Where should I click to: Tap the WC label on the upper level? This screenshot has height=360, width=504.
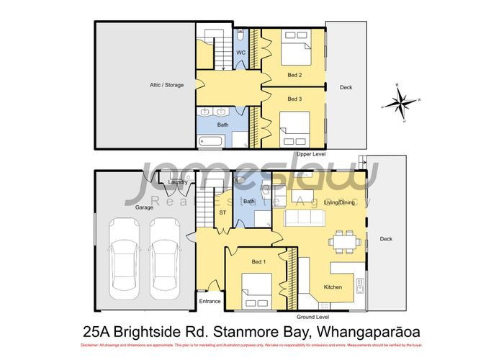click(x=243, y=53)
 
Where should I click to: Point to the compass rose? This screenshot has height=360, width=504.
click(x=399, y=101)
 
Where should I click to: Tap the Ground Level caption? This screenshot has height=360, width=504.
click(x=312, y=316)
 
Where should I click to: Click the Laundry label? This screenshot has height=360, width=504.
click(x=177, y=182)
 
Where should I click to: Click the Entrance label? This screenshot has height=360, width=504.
click(x=210, y=301)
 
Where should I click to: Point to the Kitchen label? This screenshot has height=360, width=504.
click(x=333, y=287)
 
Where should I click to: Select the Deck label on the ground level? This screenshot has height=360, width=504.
click(x=386, y=239)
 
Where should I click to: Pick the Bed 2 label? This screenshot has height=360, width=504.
click(x=294, y=75)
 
